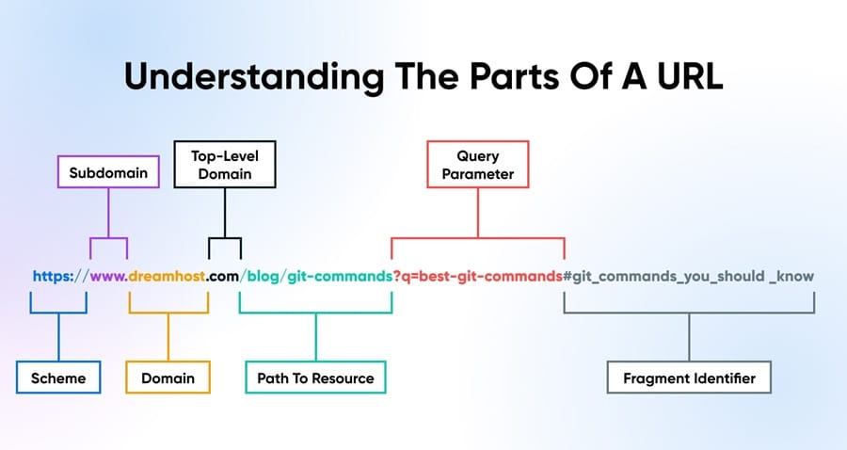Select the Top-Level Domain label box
pyautogui.click(x=213, y=163)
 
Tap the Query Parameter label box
pyautogui.click(x=477, y=165)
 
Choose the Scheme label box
pyautogui.click(x=57, y=378)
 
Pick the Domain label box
pyautogui.click(x=168, y=378)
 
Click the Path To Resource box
pyautogui.click(x=315, y=378)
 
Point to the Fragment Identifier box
pyautogui.click(x=689, y=378)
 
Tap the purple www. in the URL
pyautogui.click(x=109, y=277)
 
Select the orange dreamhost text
pyautogui.click(x=168, y=277)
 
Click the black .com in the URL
pyautogui.click(x=224, y=277)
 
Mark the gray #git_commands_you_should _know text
pyautogui.click(x=689, y=277)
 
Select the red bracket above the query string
pyautogui.click(x=477, y=239)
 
